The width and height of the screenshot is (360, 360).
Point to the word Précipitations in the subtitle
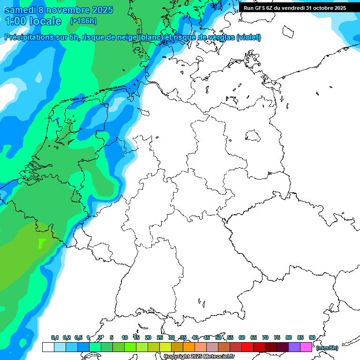[29, 37]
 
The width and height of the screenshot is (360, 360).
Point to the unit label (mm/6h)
[327, 348]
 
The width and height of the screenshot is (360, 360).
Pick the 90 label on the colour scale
[312, 337]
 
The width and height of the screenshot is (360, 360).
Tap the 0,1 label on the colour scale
[55, 337]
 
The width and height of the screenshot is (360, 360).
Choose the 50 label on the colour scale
[218, 337]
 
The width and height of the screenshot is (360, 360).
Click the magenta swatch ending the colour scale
[306, 347]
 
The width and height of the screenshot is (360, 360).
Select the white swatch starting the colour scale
[48, 347]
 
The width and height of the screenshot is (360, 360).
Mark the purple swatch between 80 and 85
[294, 347]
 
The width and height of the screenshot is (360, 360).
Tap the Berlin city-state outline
[253, 136]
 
